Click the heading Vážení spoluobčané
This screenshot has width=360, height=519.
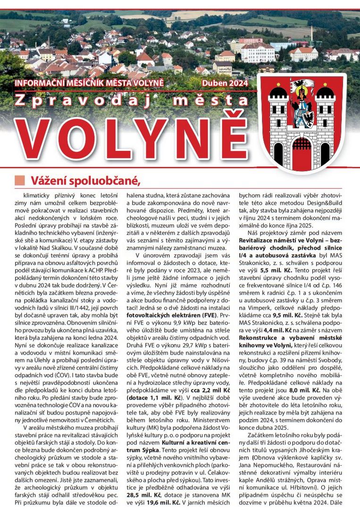(x=86, y=181)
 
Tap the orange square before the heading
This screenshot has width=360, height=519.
(x=19, y=181)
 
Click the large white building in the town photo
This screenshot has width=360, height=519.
(x=258, y=53)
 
